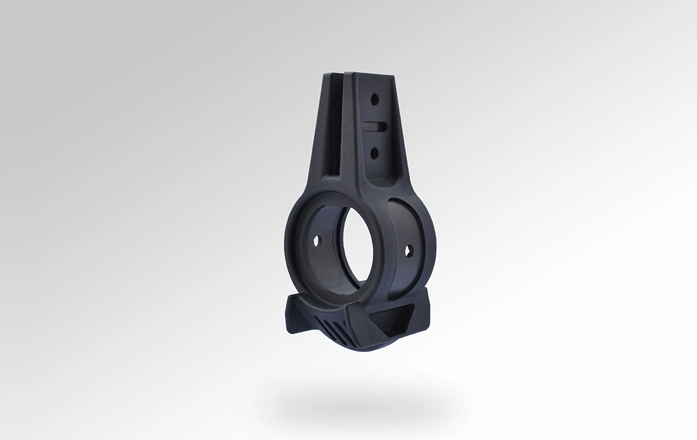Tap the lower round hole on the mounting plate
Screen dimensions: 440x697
(x=374, y=149)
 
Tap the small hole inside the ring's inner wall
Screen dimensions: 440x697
(x=316, y=241)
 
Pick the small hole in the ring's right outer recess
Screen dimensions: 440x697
(x=408, y=250)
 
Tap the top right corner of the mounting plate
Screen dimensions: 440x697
(x=393, y=78)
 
